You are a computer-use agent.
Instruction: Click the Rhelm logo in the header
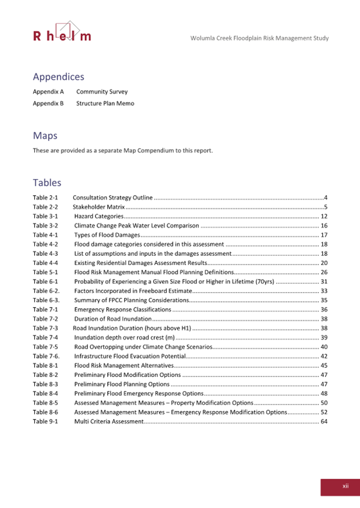point(62,33)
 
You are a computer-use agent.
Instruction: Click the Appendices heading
point(59,77)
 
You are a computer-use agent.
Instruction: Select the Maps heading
point(45,136)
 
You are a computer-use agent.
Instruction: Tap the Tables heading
point(47,183)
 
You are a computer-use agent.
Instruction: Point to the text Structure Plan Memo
point(105,103)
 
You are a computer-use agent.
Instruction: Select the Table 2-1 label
point(45,198)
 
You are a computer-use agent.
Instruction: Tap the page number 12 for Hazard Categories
point(323,216)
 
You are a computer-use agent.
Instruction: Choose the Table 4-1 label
point(45,235)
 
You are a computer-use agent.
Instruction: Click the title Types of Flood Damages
point(107,235)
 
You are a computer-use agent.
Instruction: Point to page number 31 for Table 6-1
point(323,281)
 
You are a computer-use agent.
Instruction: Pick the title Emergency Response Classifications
point(122,309)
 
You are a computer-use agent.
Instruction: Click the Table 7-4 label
point(45,337)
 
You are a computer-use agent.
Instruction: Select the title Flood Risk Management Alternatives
point(124,365)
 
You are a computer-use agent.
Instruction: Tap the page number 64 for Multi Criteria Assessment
point(323,421)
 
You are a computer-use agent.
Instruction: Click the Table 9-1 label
point(45,421)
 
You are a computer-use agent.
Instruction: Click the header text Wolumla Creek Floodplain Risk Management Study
point(259,38)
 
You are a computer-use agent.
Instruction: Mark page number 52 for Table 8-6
point(323,412)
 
